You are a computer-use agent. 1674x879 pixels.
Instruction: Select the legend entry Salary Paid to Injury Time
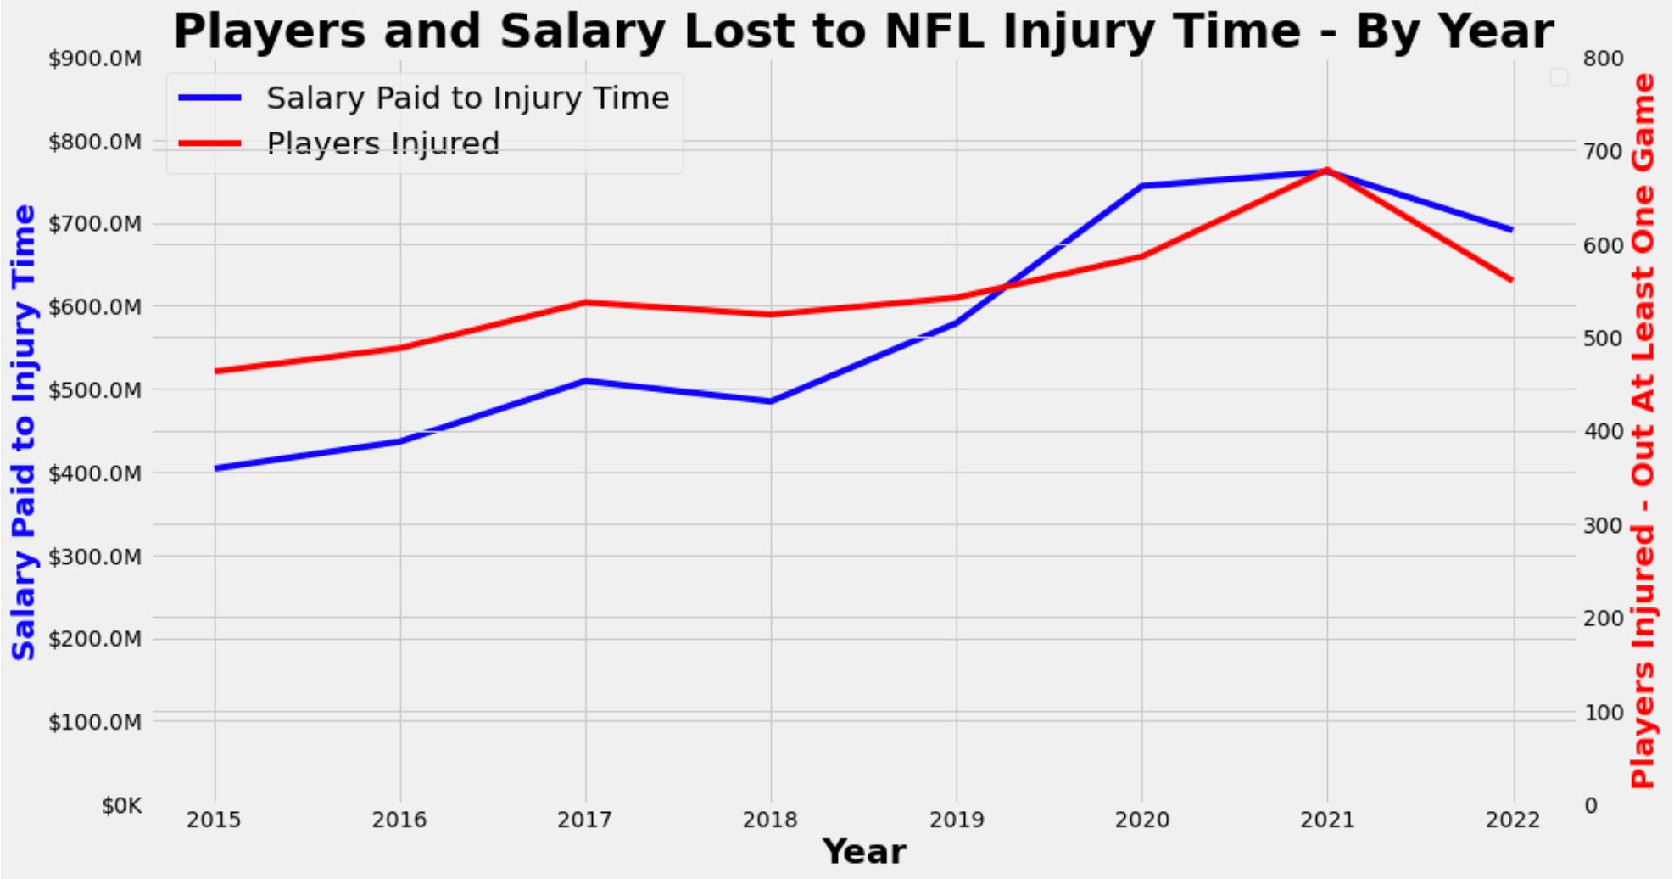(x=467, y=98)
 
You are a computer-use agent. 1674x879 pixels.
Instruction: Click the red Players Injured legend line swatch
(x=210, y=143)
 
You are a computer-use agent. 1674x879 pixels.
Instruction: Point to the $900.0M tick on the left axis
(x=95, y=59)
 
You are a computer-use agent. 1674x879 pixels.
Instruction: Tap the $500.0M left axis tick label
(x=95, y=390)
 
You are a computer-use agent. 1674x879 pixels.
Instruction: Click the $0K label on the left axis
(x=121, y=805)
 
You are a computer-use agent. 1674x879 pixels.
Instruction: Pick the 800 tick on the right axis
(x=1603, y=59)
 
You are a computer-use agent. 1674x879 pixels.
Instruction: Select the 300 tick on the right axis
(x=1603, y=525)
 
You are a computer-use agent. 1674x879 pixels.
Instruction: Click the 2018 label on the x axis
(x=770, y=820)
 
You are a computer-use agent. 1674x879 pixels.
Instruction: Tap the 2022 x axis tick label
(x=1513, y=820)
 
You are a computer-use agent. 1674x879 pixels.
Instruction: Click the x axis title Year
(x=864, y=852)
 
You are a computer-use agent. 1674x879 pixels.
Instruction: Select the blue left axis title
(x=24, y=433)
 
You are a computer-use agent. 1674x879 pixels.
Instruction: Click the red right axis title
(x=1643, y=431)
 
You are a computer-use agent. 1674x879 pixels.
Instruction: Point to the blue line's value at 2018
(x=770, y=401)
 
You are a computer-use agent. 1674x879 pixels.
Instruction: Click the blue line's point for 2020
(x=1141, y=186)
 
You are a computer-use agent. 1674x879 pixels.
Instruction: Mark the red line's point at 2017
(x=585, y=302)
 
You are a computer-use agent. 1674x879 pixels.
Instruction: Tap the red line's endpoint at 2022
(x=1512, y=280)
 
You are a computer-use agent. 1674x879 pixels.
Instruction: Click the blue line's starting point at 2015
(x=215, y=467)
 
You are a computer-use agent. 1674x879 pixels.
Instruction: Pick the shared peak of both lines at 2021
(x=1327, y=171)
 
